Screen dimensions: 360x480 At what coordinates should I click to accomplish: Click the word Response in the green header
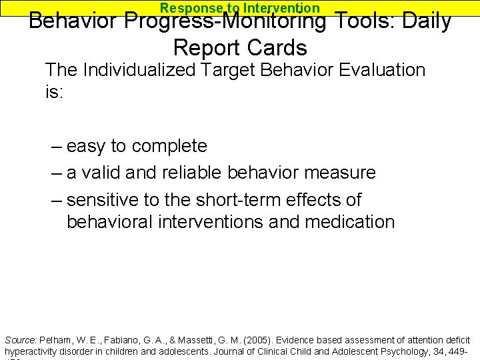(x=190, y=8)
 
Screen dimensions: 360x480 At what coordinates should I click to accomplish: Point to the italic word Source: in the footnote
(x=19, y=340)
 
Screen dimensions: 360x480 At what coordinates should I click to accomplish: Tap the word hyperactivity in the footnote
(x=30, y=351)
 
